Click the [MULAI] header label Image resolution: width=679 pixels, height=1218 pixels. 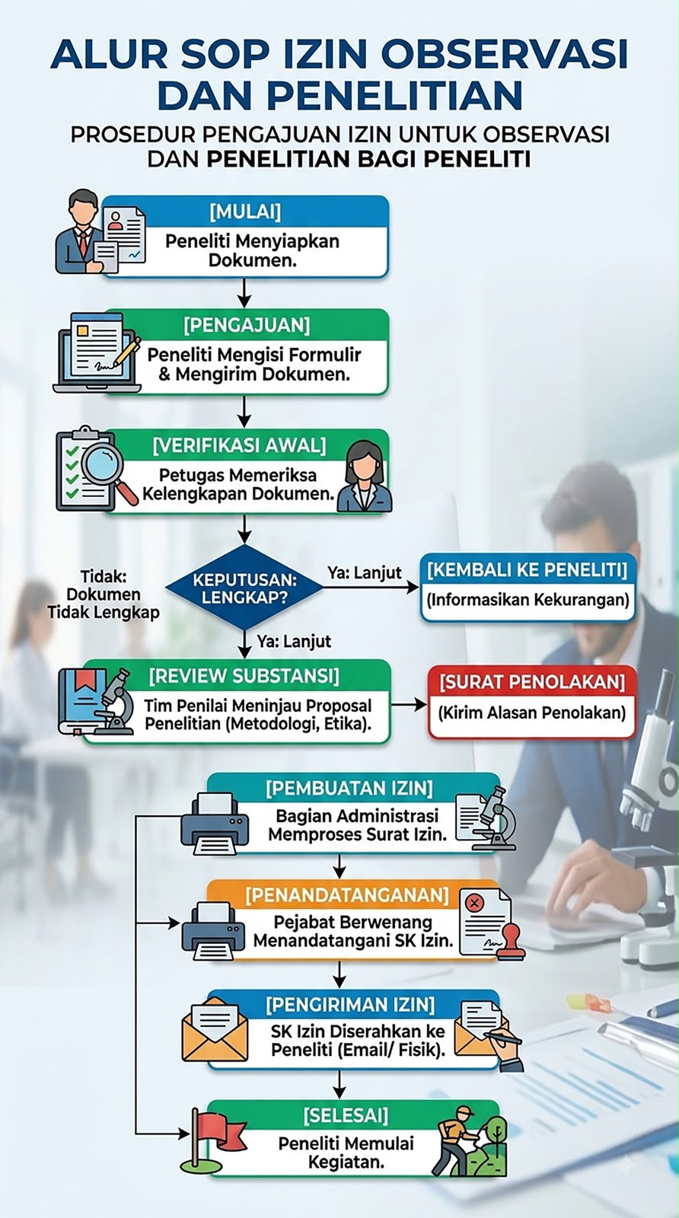(245, 211)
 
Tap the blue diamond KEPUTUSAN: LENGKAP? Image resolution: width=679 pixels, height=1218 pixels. (244, 587)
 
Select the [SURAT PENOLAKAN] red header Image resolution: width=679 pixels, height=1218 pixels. (532, 682)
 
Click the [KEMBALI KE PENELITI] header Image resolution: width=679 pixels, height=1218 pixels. (528, 570)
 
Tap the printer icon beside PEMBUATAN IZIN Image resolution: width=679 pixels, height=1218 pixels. (215, 823)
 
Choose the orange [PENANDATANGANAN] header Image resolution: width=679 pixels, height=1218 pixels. (347, 894)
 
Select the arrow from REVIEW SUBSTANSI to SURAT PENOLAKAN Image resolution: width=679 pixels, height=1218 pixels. (409, 705)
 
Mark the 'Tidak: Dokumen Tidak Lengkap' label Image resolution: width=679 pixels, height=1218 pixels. (104, 595)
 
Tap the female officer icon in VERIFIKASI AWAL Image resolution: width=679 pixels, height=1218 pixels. (364, 477)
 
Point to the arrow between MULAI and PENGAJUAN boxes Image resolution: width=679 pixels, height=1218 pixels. (244, 293)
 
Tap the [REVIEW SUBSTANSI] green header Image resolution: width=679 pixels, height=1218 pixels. (244, 676)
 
